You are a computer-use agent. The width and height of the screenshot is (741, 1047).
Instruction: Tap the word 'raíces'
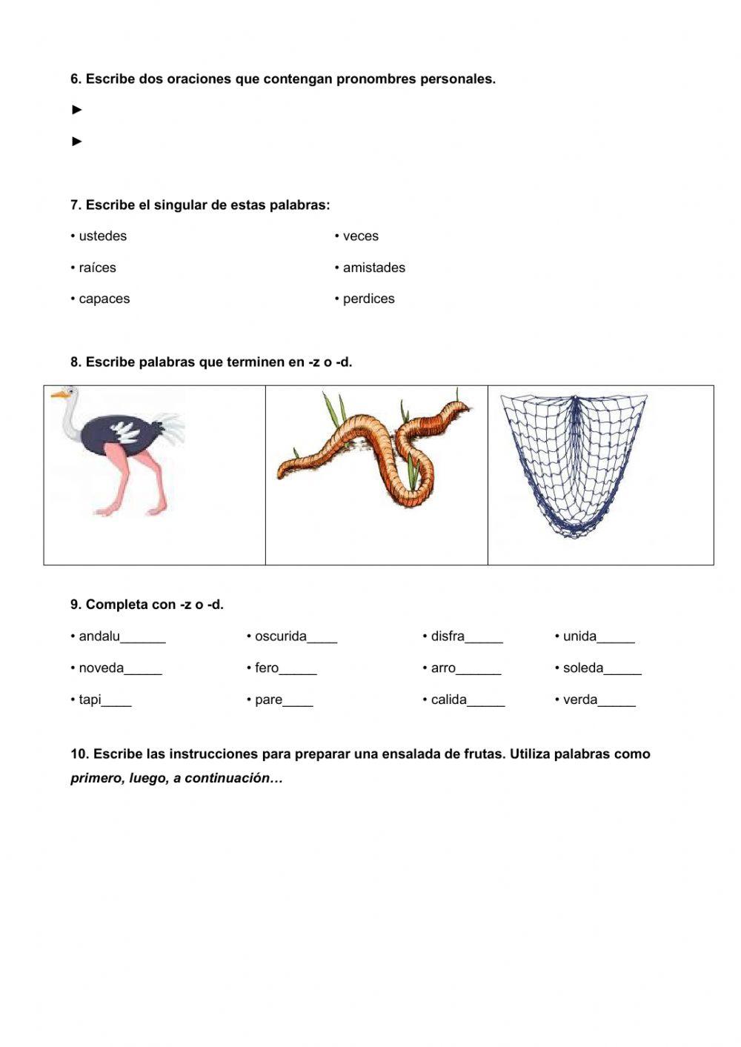pos(97,267)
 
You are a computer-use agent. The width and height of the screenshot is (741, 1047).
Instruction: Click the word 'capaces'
pos(104,299)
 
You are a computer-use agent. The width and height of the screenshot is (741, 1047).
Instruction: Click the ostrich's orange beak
pos(56,395)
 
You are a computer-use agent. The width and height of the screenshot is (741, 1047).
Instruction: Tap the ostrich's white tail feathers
pos(172,429)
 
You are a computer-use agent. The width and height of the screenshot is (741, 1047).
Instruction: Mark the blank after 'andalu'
pos(143,639)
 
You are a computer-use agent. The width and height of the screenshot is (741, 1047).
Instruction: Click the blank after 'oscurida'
pos(322,639)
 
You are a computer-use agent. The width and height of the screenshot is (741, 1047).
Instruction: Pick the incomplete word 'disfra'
pos(448,636)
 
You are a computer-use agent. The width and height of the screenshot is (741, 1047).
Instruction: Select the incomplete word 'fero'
pos(267,668)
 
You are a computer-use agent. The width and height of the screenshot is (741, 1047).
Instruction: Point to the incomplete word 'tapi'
pos(90,699)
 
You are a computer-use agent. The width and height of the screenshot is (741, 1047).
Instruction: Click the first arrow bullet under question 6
pos(77,110)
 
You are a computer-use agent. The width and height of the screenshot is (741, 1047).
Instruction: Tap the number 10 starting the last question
pos(79,754)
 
